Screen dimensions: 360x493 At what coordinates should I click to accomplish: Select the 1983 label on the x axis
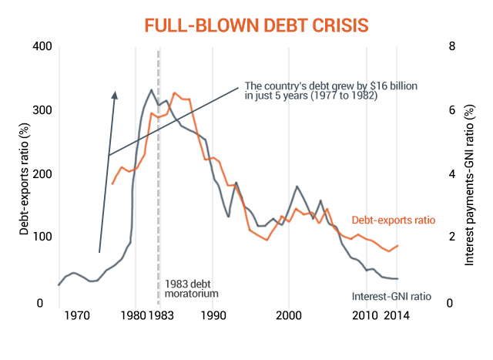(159, 315)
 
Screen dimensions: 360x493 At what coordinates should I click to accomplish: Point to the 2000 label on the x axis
(289, 315)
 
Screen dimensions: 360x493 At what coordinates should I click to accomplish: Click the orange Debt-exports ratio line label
(393, 220)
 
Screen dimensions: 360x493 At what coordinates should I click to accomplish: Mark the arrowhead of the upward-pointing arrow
(114, 95)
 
